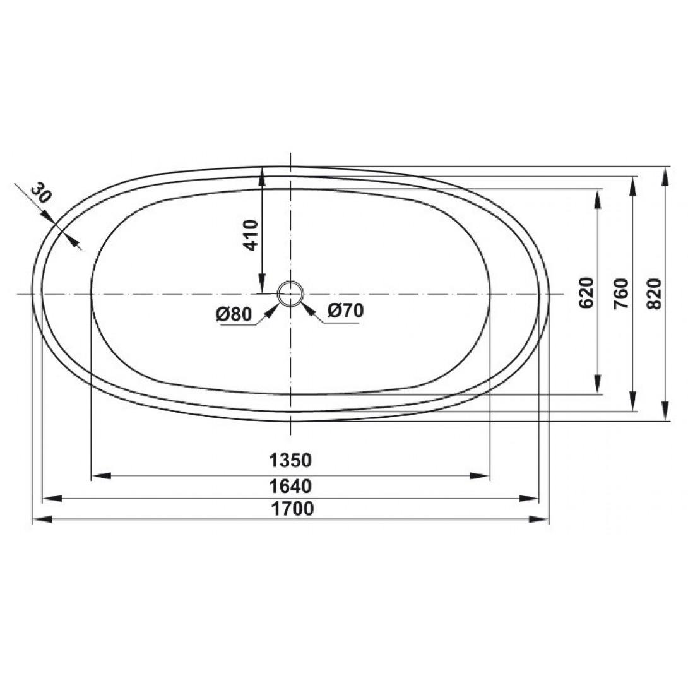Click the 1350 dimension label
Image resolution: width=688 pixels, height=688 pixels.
click(290, 460)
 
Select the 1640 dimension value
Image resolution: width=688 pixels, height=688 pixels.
click(290, 486)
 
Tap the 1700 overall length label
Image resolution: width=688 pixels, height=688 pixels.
click(292, 509)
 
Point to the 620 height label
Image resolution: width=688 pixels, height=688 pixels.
click(586, 293)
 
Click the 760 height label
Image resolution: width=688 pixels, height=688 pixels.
click(621, 293)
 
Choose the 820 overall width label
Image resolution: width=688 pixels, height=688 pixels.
click(654, 293)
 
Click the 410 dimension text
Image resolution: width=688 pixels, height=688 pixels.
click(251, 235)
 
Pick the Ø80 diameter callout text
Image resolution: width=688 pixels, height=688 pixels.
click(234, 314)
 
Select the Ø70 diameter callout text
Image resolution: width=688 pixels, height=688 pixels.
click(346, 311)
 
